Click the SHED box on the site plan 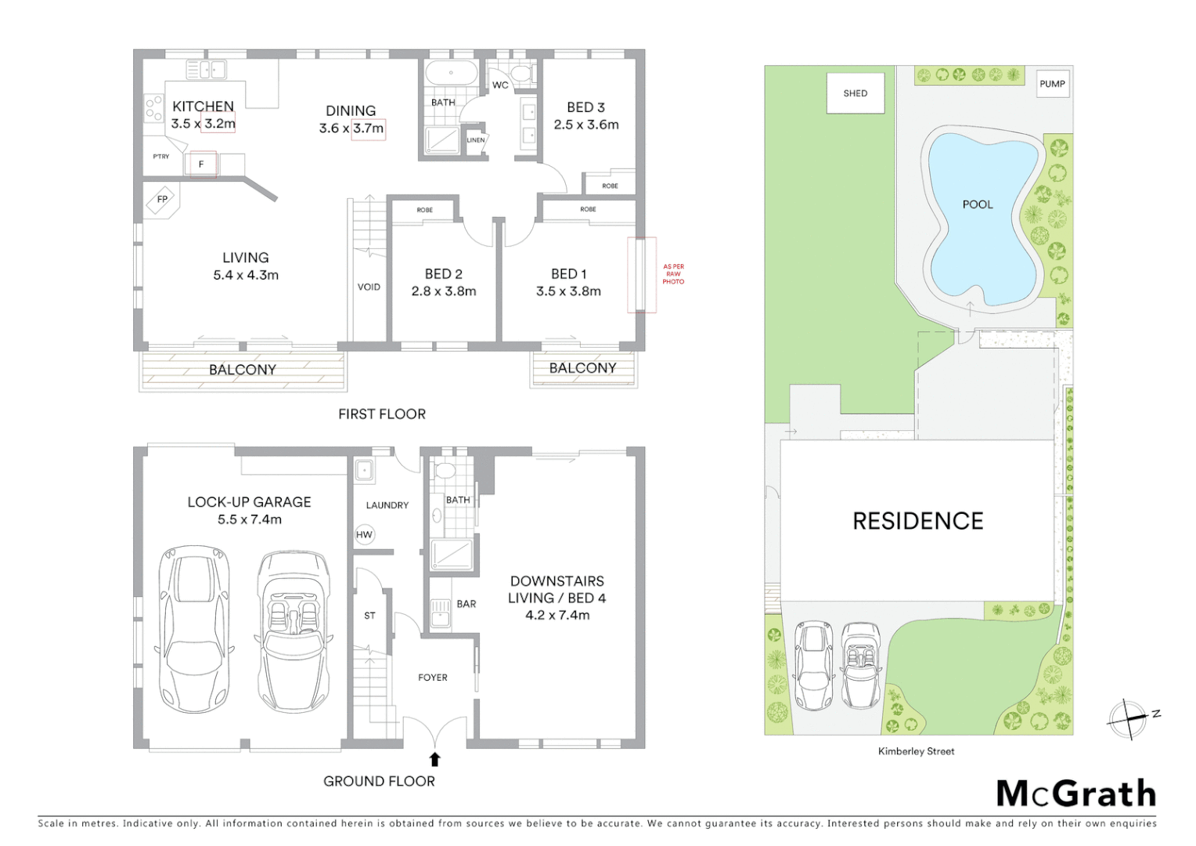click(856, 93)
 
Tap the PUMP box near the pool click(1052, 84)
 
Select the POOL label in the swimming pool click(977, 204)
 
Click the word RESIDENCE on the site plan click(917, 521)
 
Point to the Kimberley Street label click(916, 751)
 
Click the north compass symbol click(1128, 719)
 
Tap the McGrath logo click(1075, 794)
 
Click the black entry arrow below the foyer click(434, 759)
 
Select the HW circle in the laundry click(364, 535)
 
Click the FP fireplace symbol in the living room click(162, 200)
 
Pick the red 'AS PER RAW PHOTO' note click(673, 274)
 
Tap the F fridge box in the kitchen click(202, 164)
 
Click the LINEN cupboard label click(476, 140)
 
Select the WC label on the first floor click(500, 85)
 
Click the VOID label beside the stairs click(369, 287)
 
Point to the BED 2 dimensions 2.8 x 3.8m click(444, 291)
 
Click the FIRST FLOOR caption click(382, 414)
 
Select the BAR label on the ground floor click(467, 604)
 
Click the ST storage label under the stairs click(369, 616)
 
